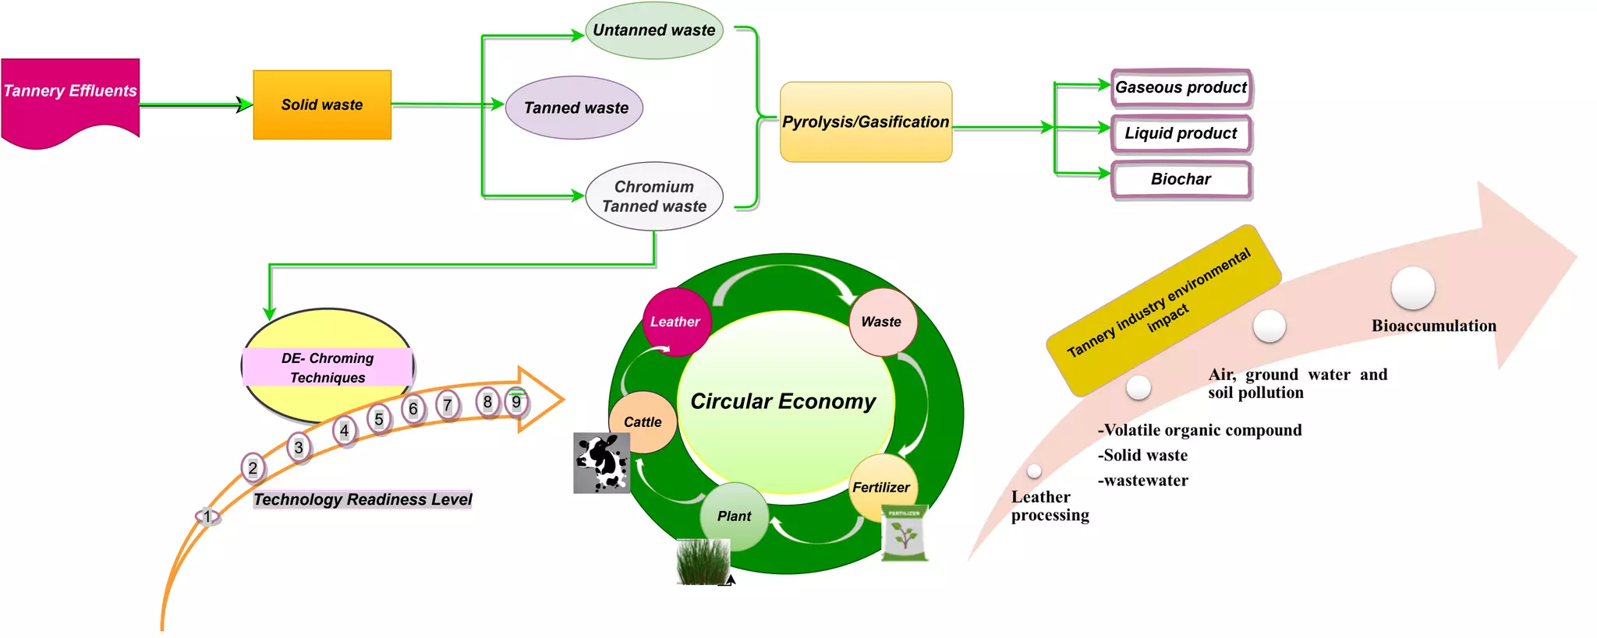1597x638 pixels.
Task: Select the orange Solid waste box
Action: [x=322, y=105]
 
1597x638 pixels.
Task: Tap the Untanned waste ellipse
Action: [x=653, y=31]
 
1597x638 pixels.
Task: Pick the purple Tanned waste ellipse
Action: [x=575, y=108]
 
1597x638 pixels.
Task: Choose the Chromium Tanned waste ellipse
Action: [x=653, y=196]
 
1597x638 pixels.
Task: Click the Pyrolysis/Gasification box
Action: [x=866, y=122]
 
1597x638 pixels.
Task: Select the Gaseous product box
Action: [x=1181, y=88]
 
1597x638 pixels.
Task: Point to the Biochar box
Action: [x=1181, y=179]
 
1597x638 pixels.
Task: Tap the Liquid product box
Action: [x=1181, y=134]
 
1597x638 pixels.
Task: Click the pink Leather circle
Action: [x=675, y=322]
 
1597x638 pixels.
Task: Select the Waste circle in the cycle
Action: [x=882, y=322]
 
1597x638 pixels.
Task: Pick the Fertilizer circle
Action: [x=881, y=487]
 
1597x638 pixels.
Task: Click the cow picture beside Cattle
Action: [x=601, y=464]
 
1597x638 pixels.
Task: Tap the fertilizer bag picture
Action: [x=905, y=534]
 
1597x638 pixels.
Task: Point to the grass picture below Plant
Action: [x=703, y=561]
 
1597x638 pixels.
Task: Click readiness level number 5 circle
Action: [x=379, y=420]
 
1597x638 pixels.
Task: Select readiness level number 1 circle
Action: [x=207, y=516]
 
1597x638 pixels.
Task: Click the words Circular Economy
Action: [x=783, y=402]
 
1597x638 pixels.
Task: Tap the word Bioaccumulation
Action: [x=1433, y=326]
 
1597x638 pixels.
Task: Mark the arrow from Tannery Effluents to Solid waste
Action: [x=195, y=104]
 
